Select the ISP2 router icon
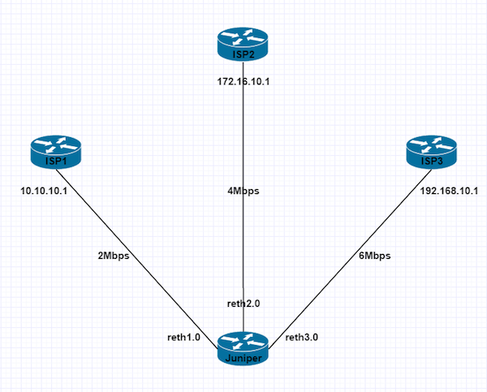[x=242, y=42]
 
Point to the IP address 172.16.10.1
[x=242, y=83]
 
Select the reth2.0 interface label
[x=243, y=303]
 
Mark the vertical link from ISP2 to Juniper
[x=242, y=243]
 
